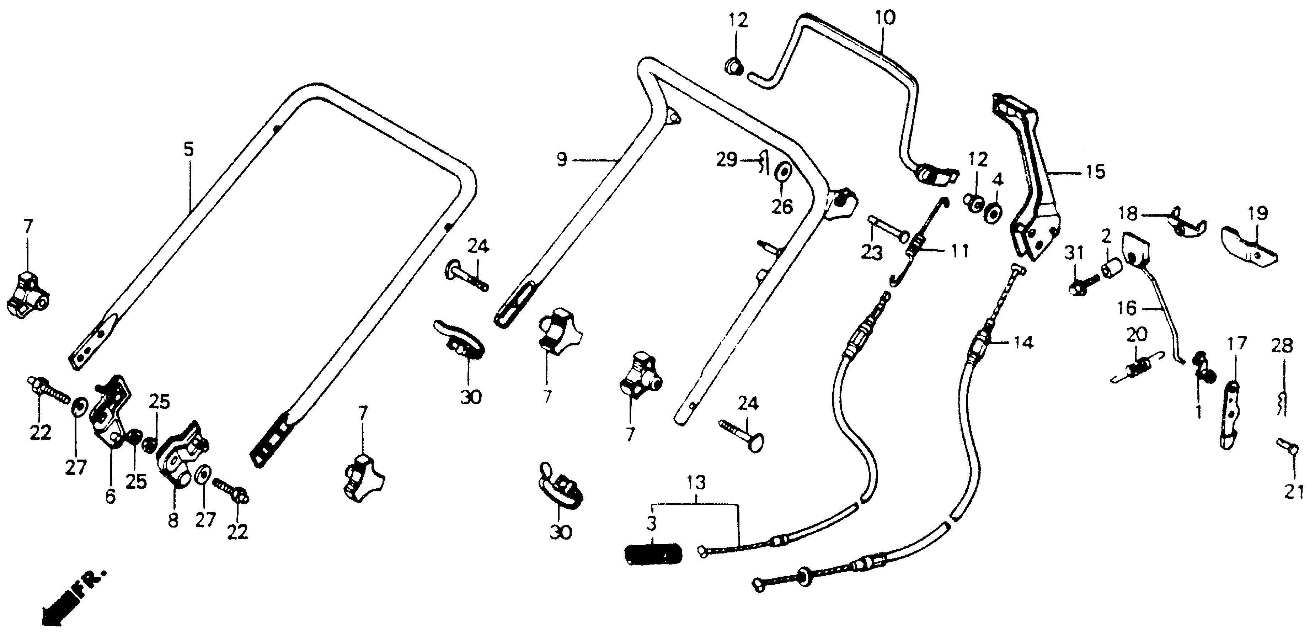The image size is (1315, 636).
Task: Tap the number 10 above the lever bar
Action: pos(886,18)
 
